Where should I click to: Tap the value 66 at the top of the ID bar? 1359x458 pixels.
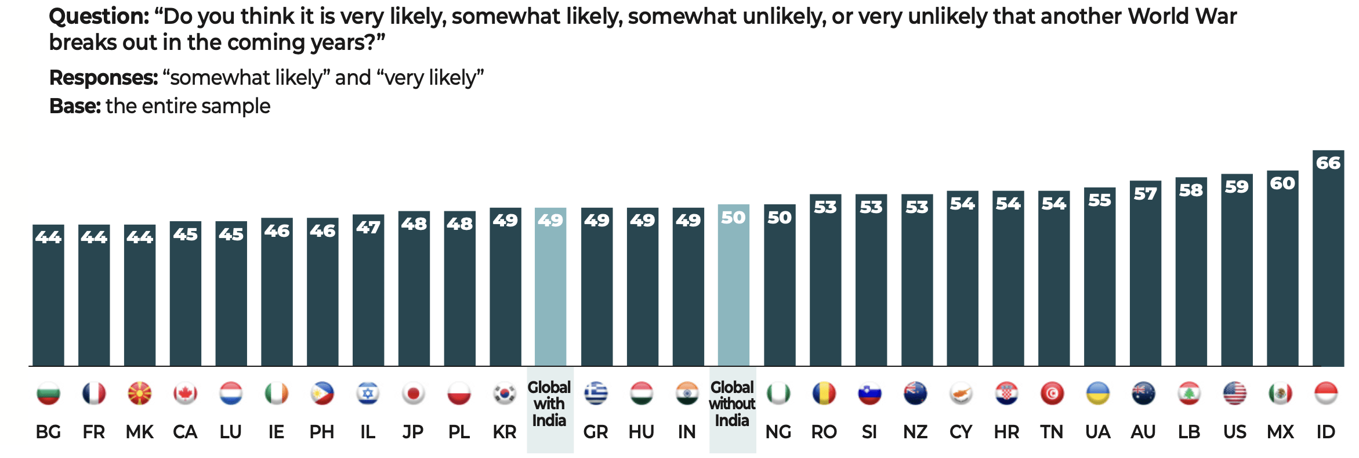tap(1328, 163)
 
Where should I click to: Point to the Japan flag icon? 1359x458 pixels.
tap(414, 394)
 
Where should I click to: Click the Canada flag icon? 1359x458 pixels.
tap(185, 394)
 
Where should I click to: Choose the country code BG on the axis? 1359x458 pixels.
tap(48, 432)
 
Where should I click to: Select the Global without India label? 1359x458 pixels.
tap(732, 403)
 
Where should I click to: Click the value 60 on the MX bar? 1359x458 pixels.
tap(1282, 183)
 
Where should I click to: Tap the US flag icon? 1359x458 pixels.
tap(1235, 394)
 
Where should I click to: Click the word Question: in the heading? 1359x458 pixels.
tap(99, 16)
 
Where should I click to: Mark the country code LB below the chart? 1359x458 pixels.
tap(1189, 432)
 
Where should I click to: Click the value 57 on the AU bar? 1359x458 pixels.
tap(1145, 194)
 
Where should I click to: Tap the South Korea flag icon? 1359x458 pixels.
tap(505, 394)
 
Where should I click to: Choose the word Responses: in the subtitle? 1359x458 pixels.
tap(103, 77)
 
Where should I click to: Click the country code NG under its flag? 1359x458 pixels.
tap(778, 432)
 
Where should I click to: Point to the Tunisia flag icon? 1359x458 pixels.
tap(1052, 394)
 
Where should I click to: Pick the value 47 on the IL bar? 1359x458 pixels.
tap(368, 228)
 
